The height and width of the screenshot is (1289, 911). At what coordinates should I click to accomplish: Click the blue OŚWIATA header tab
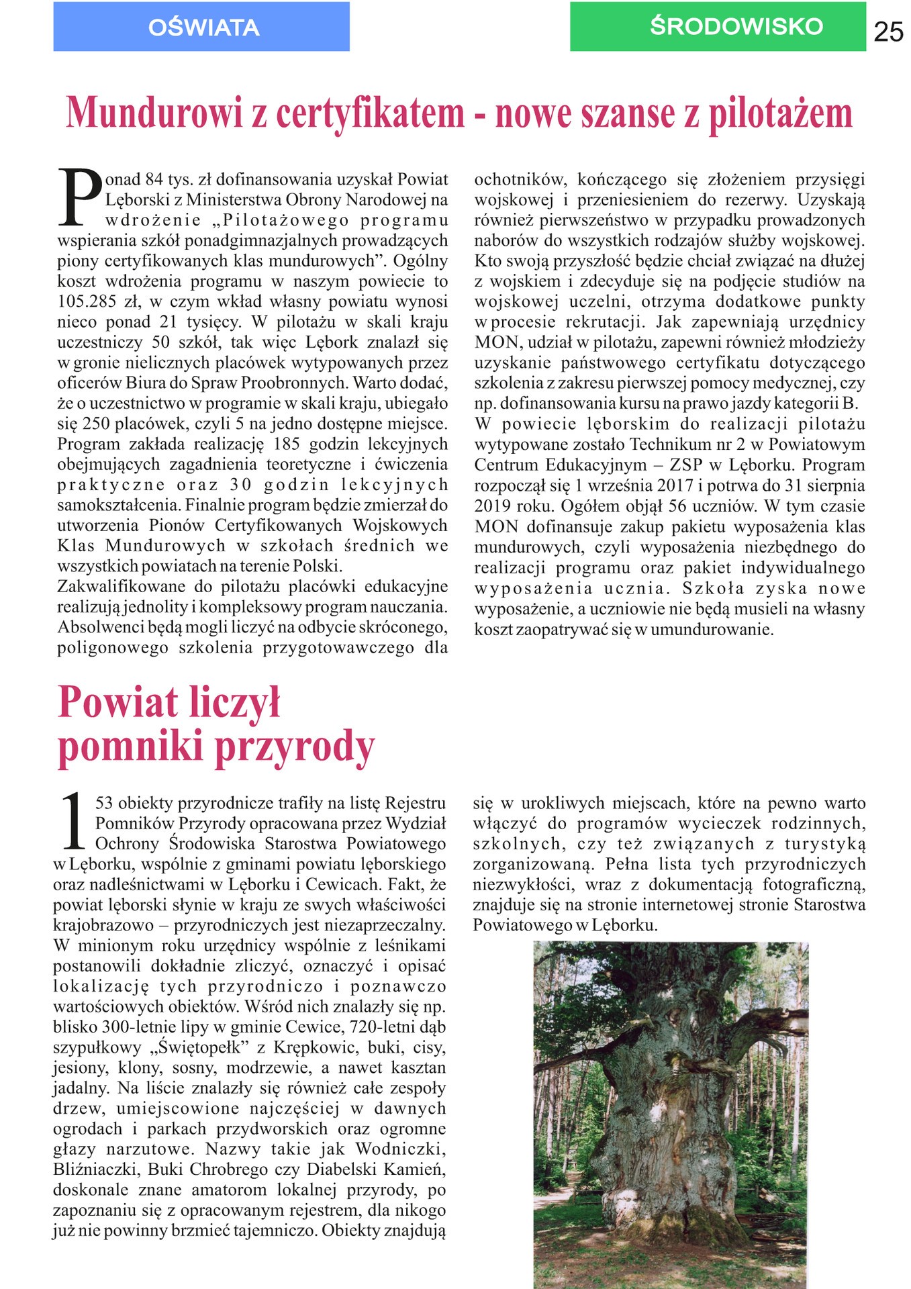tap(201, 27)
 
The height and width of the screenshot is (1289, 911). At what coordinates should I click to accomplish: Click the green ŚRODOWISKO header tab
tap(718, 27)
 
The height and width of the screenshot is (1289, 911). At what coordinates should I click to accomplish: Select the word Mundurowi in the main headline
tap(154, 113)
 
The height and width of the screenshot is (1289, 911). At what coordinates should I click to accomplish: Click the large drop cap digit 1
tap(73, 820)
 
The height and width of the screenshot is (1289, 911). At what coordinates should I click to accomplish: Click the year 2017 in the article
tap(675, 485)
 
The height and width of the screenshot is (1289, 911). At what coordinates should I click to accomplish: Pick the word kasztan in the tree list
tap(417, 1067)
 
